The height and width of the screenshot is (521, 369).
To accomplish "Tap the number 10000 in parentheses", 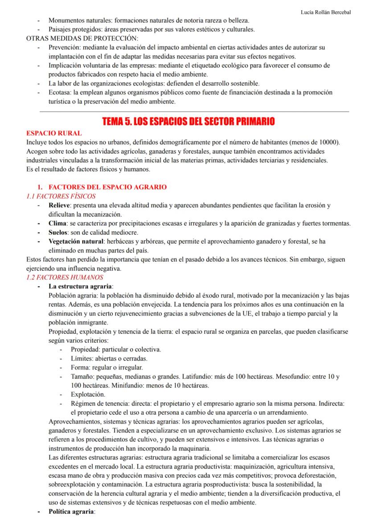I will click(328, 142).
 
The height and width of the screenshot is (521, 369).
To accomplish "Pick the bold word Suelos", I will click(58, 232).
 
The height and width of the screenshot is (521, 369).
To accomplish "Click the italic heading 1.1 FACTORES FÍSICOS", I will click(61, 196).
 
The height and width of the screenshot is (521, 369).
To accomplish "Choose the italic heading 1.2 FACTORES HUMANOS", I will click(65, 277).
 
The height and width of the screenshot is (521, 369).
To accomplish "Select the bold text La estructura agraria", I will click(81, 286).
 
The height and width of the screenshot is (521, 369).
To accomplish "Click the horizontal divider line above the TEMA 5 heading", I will click(194, 111).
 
